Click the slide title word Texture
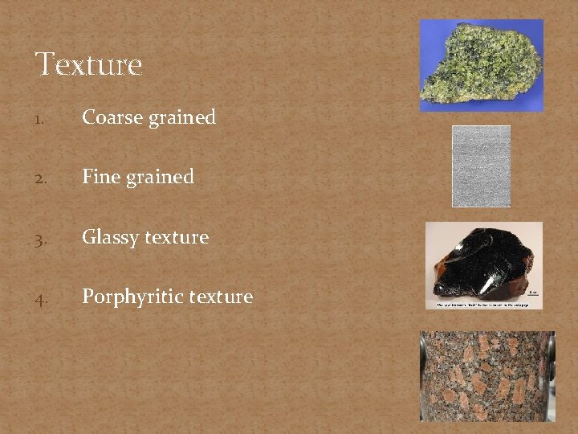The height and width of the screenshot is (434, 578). coord(88,64)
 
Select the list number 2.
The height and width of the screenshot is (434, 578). coord(40,178)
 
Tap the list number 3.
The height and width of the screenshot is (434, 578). coord(40,238)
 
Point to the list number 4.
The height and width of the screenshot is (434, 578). coord(40,298)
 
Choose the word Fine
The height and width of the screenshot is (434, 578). coord(101,177)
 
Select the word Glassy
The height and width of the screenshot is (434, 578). coord(108,238)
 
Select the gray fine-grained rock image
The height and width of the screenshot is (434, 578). coord(481,166)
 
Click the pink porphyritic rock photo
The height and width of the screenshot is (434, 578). coord(487,375)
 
